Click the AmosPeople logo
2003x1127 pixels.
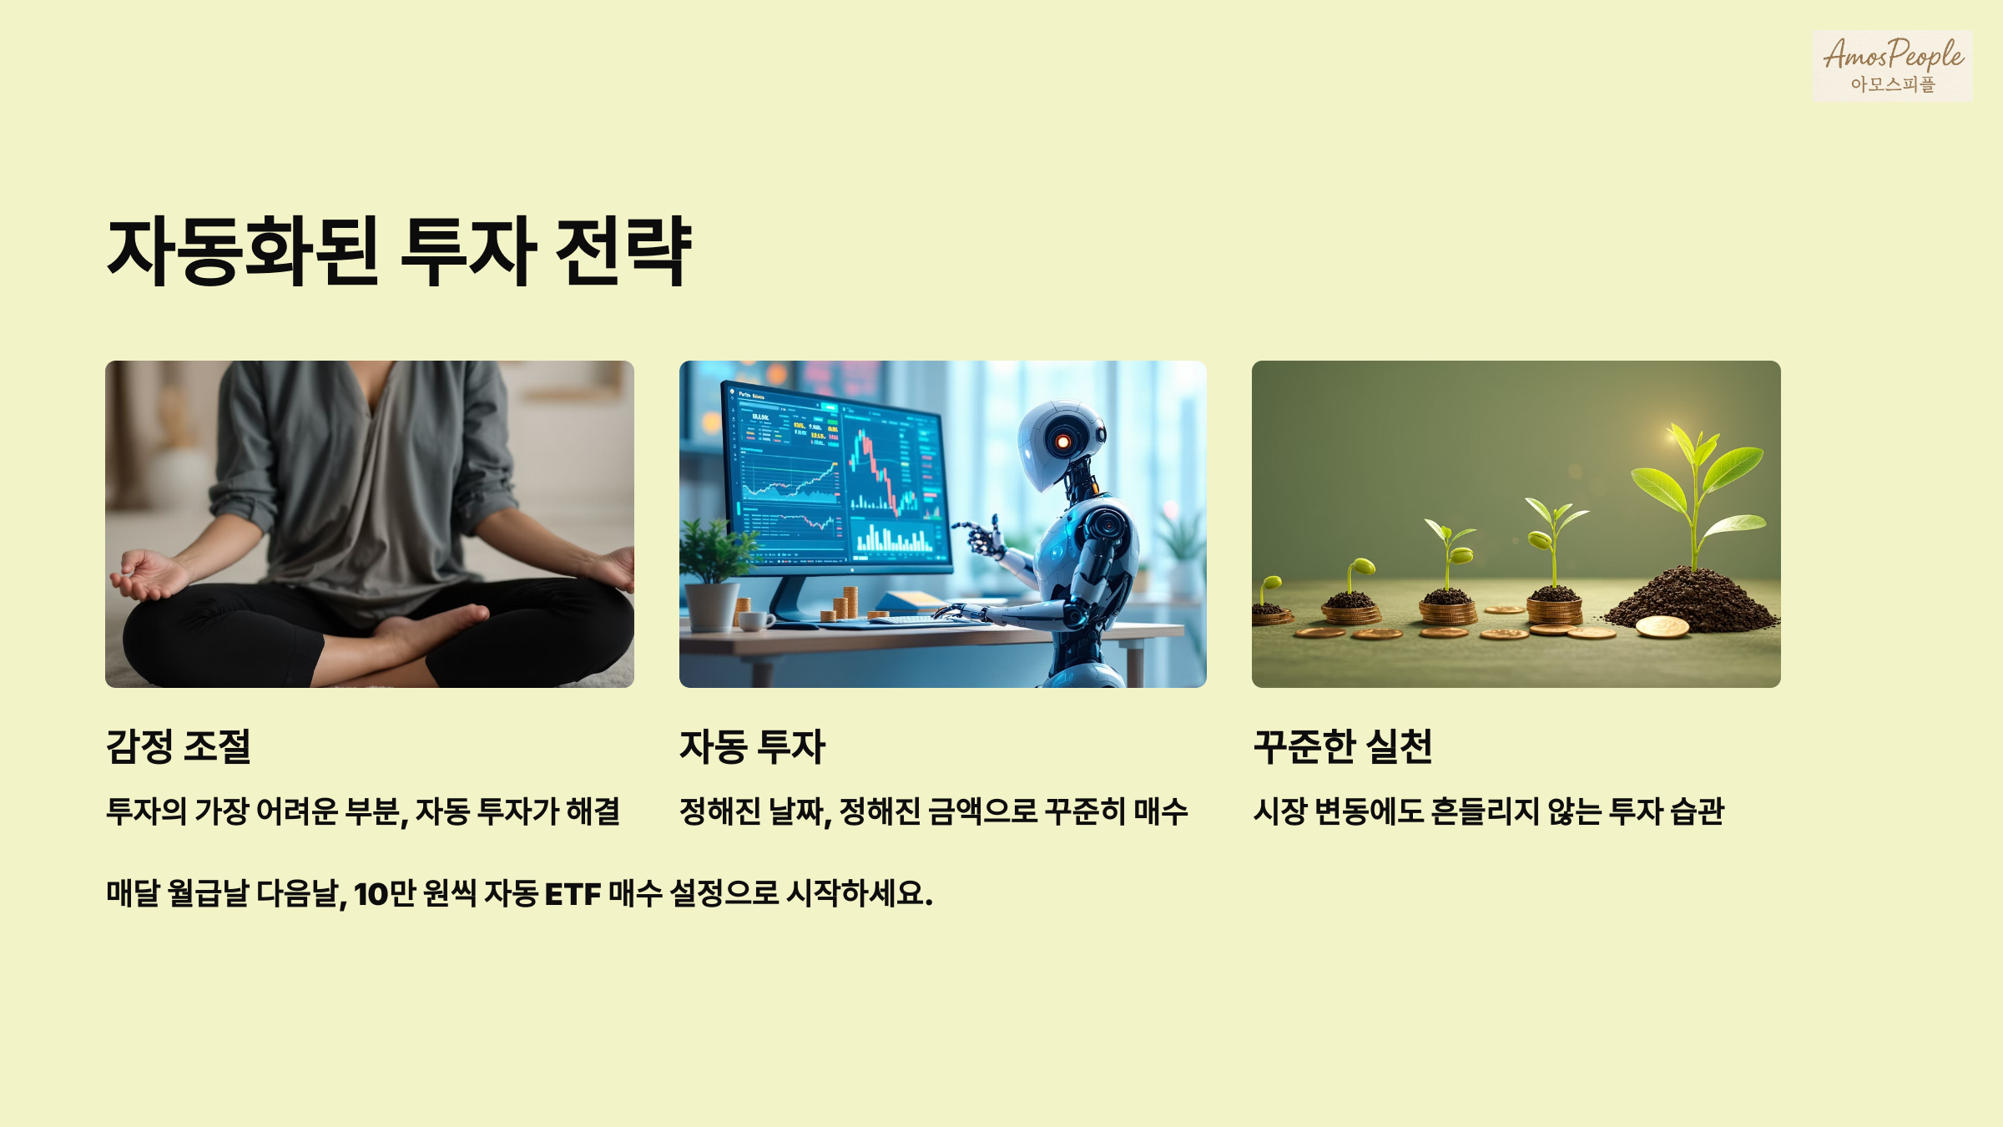(1892, 65)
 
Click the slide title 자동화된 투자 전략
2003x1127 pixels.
(399, 250)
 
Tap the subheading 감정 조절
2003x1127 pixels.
(179, 746)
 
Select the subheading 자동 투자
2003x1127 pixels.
(752, 746)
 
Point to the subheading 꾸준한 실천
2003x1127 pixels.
(1343, 746)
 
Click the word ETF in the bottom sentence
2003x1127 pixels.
(573, 894)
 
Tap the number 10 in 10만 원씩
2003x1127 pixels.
(371, 894)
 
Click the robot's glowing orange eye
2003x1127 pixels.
(1062, 442)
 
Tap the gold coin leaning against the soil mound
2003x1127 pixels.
(1662, 626)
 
